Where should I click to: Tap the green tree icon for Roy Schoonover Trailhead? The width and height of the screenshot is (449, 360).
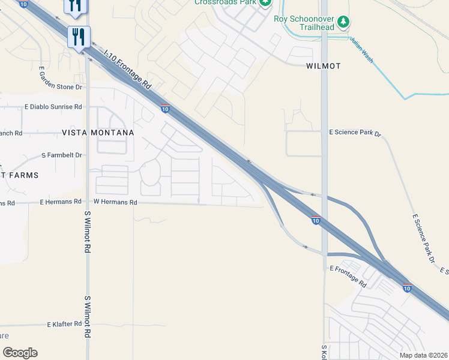point(343,22)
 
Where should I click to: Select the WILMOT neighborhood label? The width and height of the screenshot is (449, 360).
point(324,66)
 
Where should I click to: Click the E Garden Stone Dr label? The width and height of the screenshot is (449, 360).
point(60,87)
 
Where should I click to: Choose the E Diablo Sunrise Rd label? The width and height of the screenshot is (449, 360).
point(53,107)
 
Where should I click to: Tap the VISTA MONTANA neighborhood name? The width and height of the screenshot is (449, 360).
point(98,131)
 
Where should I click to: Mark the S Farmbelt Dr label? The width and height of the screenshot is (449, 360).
point(61,155)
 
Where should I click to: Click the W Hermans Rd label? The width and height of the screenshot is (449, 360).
point(115,202)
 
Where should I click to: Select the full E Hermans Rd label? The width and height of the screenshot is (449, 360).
point(60,202)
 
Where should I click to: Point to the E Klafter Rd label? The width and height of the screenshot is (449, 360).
point(64,324)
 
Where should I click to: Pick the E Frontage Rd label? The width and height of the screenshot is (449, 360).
point(348,276)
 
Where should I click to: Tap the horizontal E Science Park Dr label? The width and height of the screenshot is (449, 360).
point(355,133)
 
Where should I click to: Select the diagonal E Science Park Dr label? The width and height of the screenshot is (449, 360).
point(423,239)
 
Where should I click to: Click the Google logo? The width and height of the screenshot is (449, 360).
point(20,353)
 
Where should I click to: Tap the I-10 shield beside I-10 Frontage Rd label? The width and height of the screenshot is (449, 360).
point(164,109)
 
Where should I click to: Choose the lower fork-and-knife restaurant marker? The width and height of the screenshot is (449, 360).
point(79,37)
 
